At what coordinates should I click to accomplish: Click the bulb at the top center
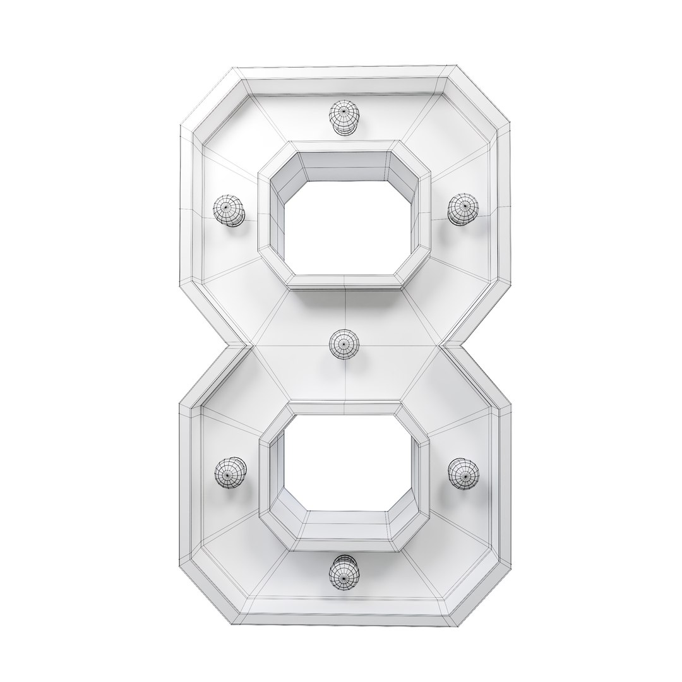coord(344,117)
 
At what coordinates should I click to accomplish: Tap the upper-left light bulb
coord(228,209)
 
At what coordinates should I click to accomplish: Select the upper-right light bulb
coord(463,208)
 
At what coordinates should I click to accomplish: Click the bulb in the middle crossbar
coord(344,345)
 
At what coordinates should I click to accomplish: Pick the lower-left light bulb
coord(230,473)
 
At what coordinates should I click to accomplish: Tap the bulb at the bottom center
coord(344,571)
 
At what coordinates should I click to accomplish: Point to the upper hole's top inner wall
coord(345,165)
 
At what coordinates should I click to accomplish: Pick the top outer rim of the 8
coord(345,71)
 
